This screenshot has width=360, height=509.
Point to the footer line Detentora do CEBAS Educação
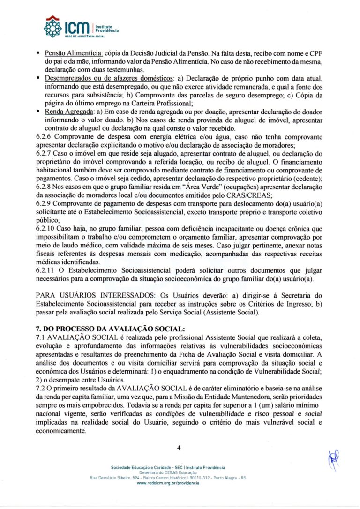168,472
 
